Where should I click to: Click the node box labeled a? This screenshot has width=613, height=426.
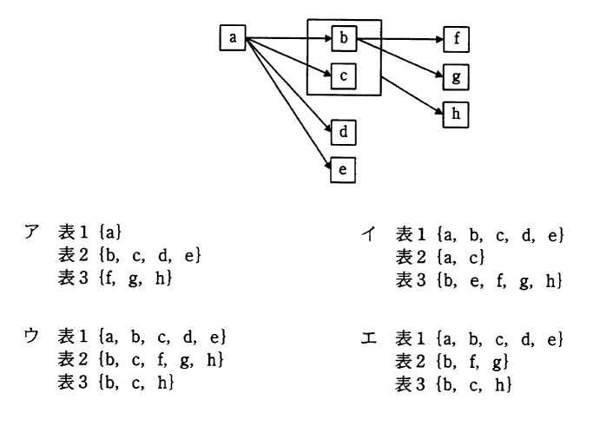coord(232,38)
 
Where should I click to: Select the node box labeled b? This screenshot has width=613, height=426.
coord(343,39)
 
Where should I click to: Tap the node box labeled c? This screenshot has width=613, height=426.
coord(343,76)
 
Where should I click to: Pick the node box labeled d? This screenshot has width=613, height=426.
coord(343,134)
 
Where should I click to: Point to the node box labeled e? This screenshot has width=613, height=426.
coord(343,170)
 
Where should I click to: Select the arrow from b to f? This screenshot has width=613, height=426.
coord(399,39)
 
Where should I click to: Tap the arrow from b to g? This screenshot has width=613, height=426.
coord(399,57)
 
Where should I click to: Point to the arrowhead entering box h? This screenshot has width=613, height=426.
coord(439,112)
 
